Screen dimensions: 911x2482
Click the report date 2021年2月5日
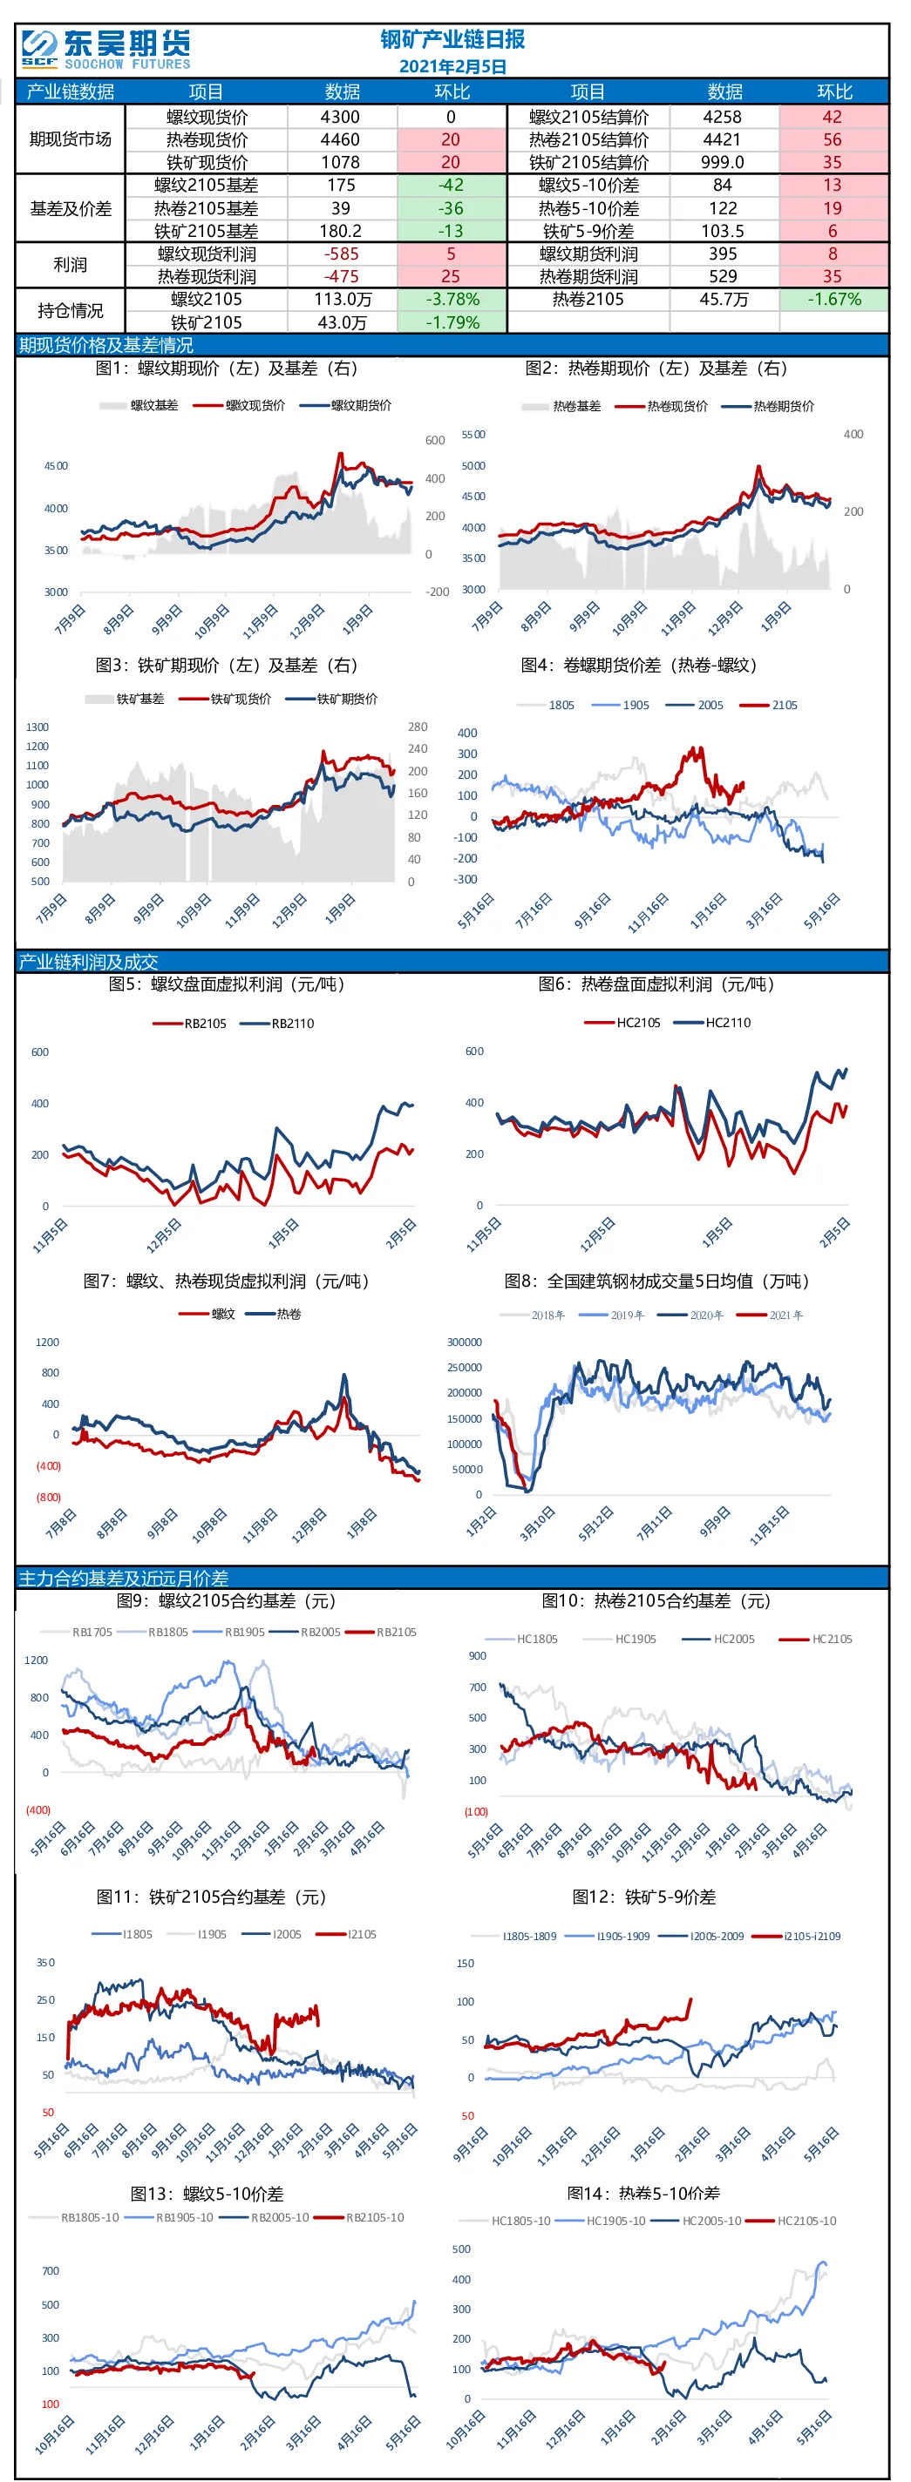pos(453,66)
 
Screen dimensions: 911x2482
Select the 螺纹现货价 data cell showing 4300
pos(340,117)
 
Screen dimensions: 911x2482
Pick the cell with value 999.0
pos(723,162)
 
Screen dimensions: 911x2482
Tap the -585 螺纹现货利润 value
pos(341,254)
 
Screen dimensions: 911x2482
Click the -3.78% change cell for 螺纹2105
pos(453,299)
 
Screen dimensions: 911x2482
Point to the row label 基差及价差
pos(71,208)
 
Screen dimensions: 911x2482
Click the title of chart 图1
pos(227,368)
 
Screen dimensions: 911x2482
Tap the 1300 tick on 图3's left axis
pos(37,727)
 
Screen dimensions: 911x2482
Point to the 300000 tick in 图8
pos(465,1342)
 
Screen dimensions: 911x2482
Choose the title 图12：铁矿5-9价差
pos(644,1897)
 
